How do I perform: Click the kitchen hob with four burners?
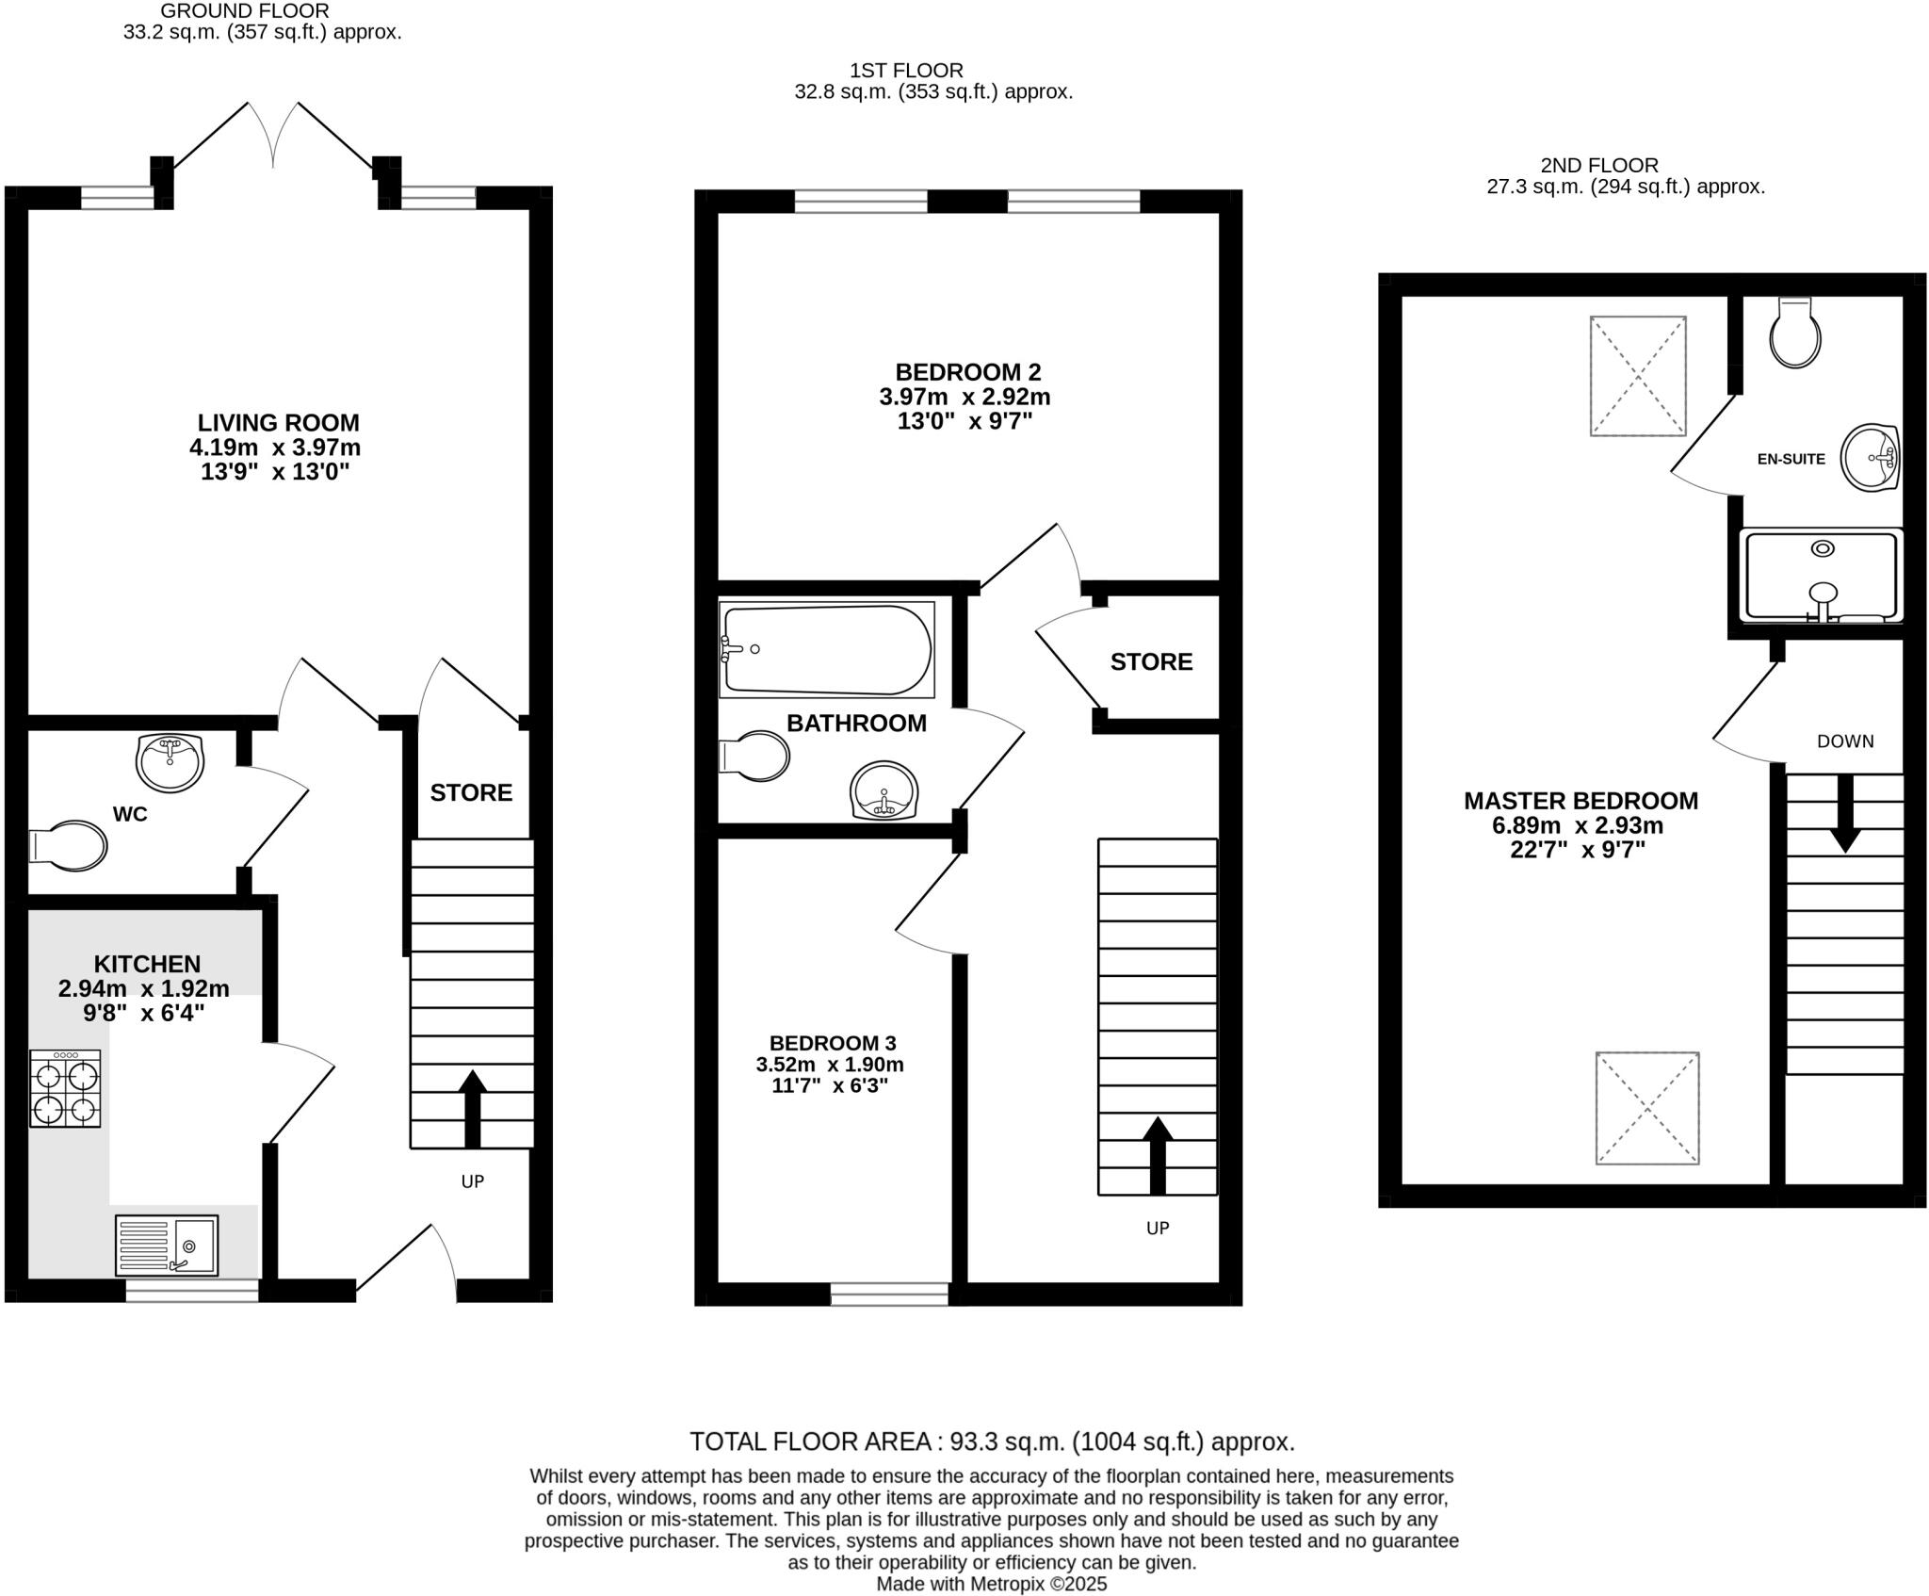pos(65,1088)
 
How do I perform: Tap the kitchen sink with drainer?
pos(167,1245)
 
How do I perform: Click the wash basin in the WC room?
pos(170,762)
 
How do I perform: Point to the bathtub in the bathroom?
pos(826,650)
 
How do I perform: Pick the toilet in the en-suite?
pos(1795,333)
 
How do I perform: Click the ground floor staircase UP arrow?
pos(472,1109)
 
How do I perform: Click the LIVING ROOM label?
pos(278,422)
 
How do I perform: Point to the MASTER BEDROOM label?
pos(1580,801)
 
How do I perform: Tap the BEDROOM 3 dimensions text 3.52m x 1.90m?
pos(830,1065)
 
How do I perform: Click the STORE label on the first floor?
pos(1151,661)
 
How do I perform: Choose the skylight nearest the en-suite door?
pos(1638,376)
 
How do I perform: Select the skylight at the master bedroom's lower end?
pos(1646,1108)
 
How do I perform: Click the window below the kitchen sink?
pos(192,1291)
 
